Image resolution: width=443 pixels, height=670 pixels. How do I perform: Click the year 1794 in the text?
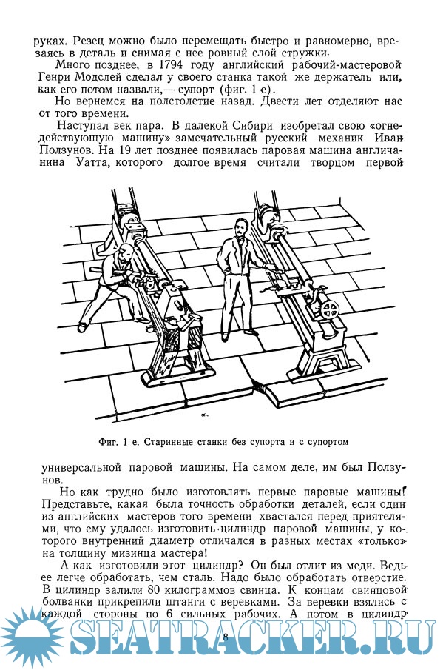(x=170, y=65)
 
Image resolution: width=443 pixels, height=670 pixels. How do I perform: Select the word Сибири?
(x=253, y=127)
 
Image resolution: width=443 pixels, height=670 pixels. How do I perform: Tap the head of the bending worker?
(x=126, y=253)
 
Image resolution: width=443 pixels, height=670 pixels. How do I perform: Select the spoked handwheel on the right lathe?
(x=329, y=309)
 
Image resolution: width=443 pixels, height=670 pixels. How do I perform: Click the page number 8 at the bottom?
(x=226, y=637)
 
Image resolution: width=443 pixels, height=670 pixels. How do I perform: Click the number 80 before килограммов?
(x=154, y=591)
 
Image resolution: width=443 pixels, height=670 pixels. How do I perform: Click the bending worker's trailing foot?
(x=83, y=328)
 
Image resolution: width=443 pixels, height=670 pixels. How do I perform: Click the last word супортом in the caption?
(x=328, y=442)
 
